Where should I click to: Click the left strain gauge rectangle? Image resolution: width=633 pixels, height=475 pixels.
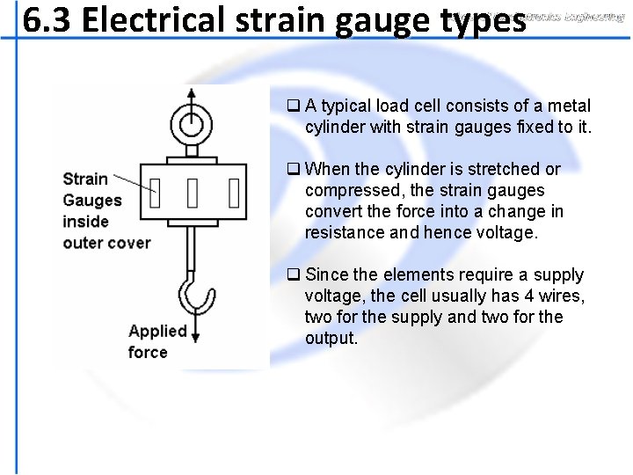(155, 190)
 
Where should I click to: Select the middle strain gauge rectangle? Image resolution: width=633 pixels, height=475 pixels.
(193, 190)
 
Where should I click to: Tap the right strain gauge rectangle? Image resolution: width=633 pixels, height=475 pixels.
(233, 190)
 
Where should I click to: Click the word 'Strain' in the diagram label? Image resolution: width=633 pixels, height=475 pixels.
(85, 179)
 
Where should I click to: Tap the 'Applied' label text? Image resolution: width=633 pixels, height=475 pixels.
(158, 332)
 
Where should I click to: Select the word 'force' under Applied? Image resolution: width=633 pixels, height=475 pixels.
(148, 352)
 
